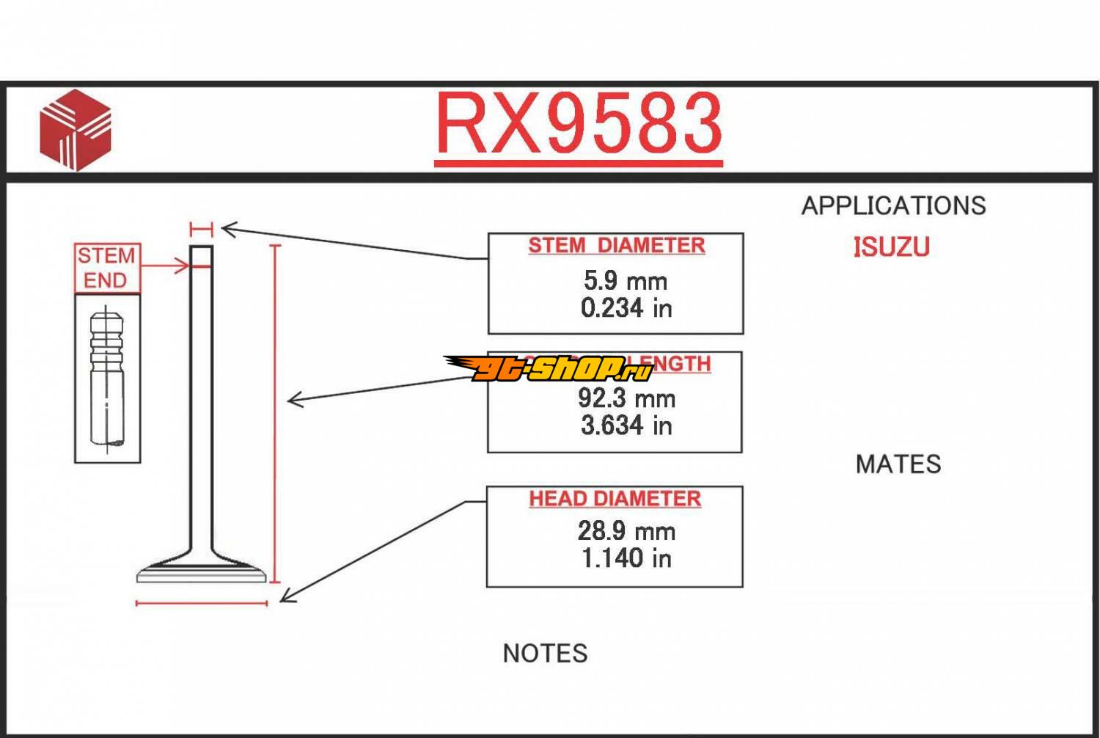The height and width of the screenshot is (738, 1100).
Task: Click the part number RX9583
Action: [579, 125]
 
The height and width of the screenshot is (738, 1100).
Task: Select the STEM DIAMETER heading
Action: [616, 245]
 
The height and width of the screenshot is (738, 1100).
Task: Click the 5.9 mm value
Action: [625, 280]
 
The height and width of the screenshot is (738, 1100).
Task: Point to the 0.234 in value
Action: [626, 308]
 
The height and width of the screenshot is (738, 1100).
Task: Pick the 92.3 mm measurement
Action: [626, 398]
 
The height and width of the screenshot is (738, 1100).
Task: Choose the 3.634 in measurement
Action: [626, 425]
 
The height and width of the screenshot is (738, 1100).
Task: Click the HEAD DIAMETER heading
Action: [615, 499]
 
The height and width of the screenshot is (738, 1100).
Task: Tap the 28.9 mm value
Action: [626, 531]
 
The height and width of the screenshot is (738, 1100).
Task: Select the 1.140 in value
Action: [626, 558]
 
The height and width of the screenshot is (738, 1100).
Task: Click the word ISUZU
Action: [891, 247]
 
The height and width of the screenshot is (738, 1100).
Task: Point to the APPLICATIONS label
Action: [893, 206]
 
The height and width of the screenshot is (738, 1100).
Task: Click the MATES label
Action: [898, 464]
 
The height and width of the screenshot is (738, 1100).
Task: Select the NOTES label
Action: [545, 654]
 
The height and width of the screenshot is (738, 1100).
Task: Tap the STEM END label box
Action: [107, 268]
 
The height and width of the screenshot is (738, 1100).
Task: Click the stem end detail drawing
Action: [107, 379]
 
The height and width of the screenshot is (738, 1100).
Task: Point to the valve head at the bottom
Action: [202, 570]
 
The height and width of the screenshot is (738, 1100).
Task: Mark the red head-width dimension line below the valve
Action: [202, 604]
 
